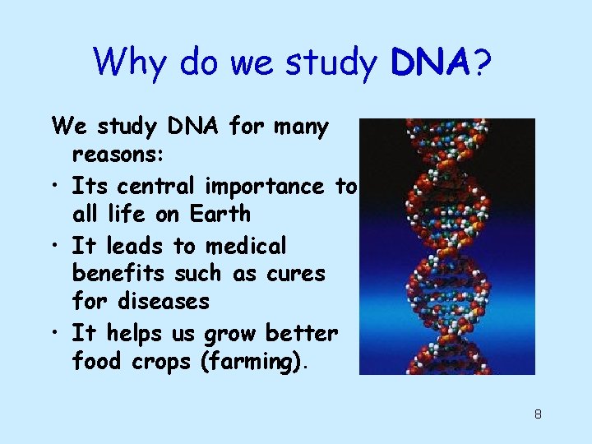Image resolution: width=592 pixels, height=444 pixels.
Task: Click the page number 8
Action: point(538,414)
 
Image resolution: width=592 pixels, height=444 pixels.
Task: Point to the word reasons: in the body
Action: point(117,155)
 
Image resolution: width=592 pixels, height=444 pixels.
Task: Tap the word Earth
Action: point(219,214)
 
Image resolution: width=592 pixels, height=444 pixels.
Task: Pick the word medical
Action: point(246,246)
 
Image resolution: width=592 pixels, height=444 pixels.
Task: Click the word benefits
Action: point(119,273)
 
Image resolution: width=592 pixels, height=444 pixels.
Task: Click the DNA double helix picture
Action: point(447,247)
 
